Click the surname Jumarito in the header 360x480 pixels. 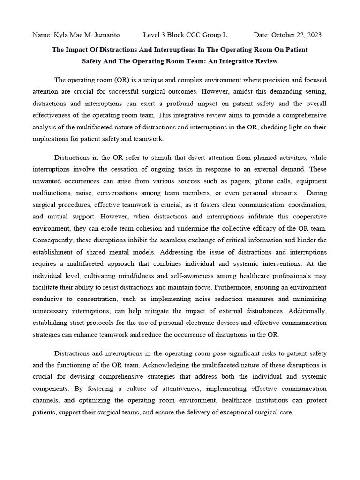coord(104,35)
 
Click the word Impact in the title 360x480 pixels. coord(78,49)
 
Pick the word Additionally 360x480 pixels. coord(307,311)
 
